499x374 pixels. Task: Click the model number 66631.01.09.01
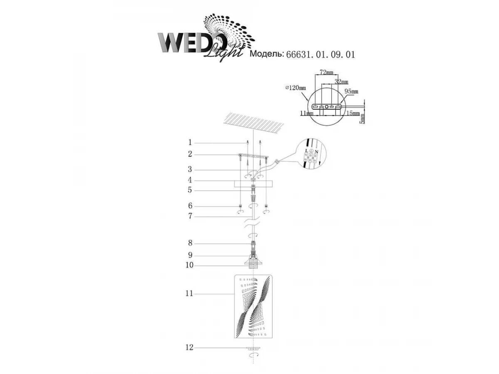[x=320, y=54]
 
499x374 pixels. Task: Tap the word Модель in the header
[x=267, y=54]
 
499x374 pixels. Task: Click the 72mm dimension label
[x=326, y=72]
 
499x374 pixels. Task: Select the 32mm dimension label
[x=341, y=81]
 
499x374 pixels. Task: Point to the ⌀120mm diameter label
[x=296, y=88]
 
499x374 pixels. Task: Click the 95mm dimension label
[x=351, y=91]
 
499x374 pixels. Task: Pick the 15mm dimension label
[x=353, y=113]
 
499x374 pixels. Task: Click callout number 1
[x=190, y=143]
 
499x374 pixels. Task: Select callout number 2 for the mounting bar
[x=190, y=154]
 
